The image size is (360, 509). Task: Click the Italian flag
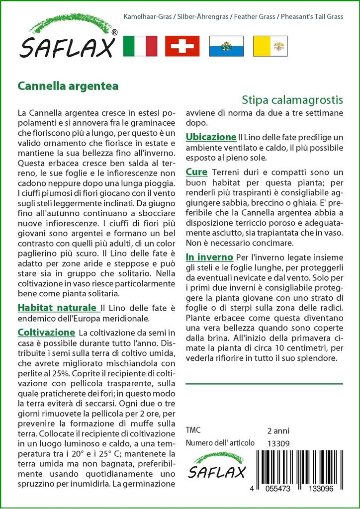coord(140,46)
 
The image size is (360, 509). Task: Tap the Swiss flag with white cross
coord(182,46)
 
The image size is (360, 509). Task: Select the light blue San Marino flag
coord(226,46)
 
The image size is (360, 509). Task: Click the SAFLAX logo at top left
coord(68,37)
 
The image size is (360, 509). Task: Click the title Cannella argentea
coord(68,85)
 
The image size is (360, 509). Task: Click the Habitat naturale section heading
coord(57,308)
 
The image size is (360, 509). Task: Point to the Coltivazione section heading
coord(46,332)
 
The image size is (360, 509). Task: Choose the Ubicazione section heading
coord(210,137)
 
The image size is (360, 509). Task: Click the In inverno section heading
coord(209,257)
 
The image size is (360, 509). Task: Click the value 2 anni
coord(278,430)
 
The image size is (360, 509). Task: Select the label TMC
coord(193,430)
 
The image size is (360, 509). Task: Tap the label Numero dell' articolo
coord(220,443)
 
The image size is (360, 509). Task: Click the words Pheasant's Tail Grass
coord(311,17)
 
